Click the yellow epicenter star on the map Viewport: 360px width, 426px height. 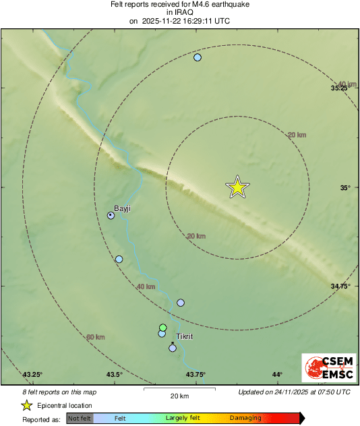237,187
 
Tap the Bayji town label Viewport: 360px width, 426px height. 122,208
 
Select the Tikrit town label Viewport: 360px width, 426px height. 184,336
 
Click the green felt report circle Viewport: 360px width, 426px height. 162,327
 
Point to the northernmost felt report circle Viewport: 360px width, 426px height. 198,57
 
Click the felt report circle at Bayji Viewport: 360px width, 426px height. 111,215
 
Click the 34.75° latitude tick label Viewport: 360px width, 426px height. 340,286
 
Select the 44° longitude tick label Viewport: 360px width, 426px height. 277,375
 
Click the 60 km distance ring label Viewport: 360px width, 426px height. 96,337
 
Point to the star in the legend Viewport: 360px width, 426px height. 27,405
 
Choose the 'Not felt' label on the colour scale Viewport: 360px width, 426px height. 80,419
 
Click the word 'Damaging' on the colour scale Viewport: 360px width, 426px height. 245,419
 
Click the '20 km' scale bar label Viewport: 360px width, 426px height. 179,396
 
